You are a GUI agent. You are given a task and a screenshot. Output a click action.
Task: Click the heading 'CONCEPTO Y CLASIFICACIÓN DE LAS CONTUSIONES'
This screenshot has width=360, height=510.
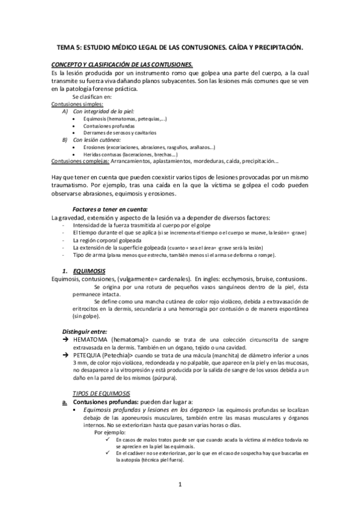point(123,64)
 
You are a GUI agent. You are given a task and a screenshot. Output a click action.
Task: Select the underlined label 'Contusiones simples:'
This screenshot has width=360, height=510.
point(78,104)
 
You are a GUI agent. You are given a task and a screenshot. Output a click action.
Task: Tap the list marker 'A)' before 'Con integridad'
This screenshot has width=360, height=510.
point(66,111)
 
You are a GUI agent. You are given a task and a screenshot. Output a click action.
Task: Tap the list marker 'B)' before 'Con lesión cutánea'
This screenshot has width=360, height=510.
point(66,140)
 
